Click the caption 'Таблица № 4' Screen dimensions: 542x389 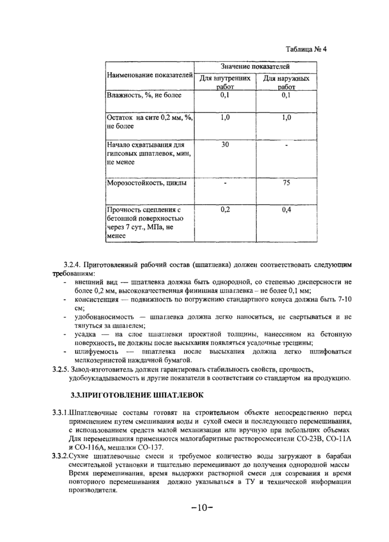click(x=307, y=48)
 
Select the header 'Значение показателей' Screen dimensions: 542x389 click(x=255, y=66)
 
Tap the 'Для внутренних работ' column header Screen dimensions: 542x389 click(x=225, y=82)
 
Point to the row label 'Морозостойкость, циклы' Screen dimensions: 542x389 click(x=147, y=183)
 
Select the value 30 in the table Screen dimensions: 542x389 click(x=225, y=145)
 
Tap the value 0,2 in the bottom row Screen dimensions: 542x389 click(x=225, y=210)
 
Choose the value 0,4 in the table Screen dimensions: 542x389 click(x=286, y=210)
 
